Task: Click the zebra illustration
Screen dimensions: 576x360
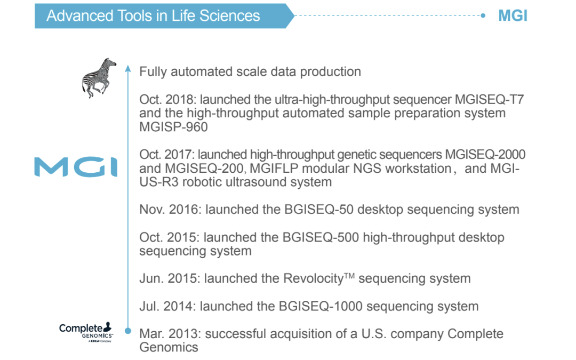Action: [98, 78]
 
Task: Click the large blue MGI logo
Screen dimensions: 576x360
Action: [76, 167]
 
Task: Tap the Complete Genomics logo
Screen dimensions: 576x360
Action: [86, 332]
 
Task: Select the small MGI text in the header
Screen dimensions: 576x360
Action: [513, 16]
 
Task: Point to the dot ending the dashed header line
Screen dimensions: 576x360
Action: [483, 15]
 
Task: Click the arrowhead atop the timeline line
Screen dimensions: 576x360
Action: [128, 68]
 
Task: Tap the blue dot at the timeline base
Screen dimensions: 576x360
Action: [128, 331]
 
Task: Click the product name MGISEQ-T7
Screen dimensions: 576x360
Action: [489, 100]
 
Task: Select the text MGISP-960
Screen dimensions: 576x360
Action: [173, 127]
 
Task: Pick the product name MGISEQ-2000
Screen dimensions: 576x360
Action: [485, 154]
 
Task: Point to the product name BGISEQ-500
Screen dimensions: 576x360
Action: [321, 237]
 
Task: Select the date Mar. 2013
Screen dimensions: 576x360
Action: [170, 334]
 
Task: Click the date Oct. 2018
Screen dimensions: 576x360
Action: [167, 100]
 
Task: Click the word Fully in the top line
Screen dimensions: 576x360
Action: [153, 71]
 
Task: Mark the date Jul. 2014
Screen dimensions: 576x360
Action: [167, 306]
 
